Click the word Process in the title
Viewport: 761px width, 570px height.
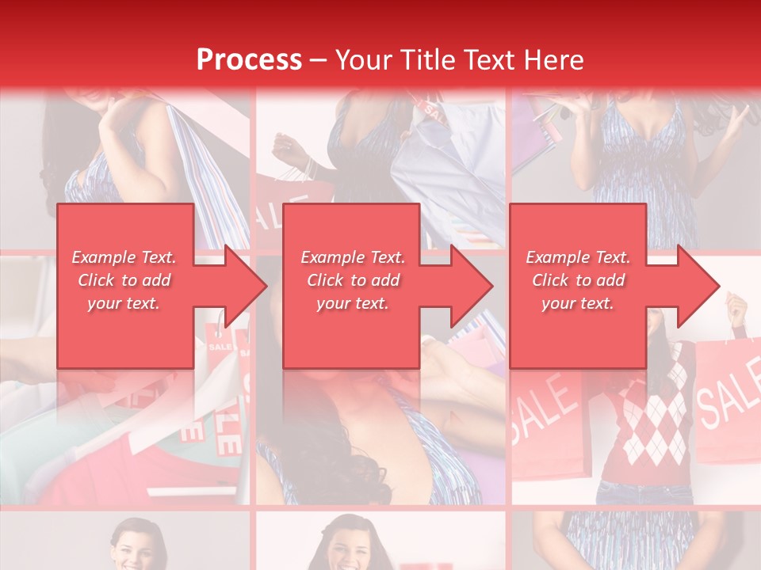pos(249,59)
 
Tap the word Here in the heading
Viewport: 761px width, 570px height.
pos(555,59)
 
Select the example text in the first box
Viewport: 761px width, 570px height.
pos(124,280)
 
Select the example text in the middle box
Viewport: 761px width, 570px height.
pos(353,280)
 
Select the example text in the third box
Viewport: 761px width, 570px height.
pos(578,280)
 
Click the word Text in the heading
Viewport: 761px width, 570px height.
pos(489,59)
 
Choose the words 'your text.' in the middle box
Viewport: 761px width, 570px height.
pos(353,303)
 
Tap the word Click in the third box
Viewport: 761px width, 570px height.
pos(549,280)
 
